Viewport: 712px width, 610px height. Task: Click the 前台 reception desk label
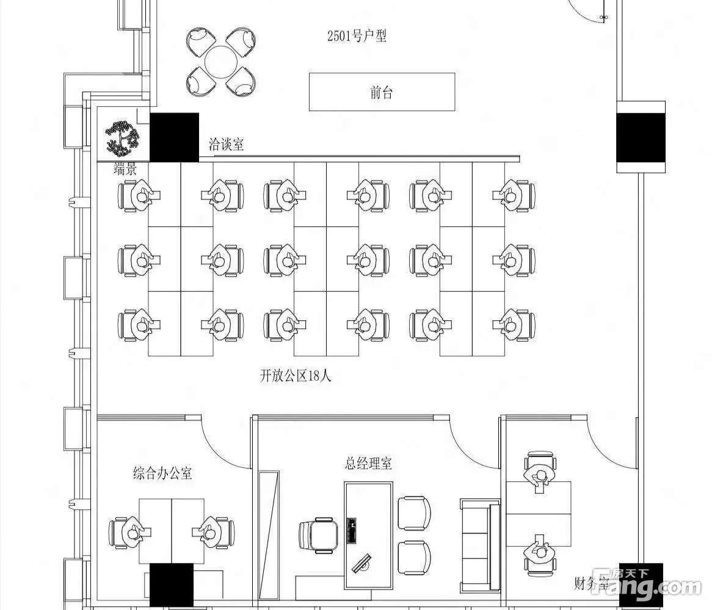pyautogui.click(x=382, y=93)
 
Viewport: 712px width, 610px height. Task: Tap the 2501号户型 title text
pyautogui.click(x=357, y=36)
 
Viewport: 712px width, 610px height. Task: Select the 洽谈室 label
pyautogui.click(x=226, y=145)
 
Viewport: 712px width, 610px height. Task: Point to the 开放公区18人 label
pyautogui.click(x=296, y=376)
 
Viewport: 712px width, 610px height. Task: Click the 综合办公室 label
pyautogui.click(x=162, y=473)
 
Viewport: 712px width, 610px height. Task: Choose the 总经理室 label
pyautogui.click(x=368, y=464)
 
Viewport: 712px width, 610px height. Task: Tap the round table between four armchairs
pyautogui.click(x=221, y=62)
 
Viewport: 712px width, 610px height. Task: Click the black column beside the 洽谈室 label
pyautogui.click(x=175, y=137)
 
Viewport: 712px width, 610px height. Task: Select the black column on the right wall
pyautogui.click(x=641, y=137)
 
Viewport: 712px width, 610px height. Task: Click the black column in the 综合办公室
pyautogui.click(x=171, y=585)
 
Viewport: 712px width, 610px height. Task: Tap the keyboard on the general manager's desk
pyautogui.click(x=352, y=531)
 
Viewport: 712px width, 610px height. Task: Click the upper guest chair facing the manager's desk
pyautogui.click(x=413, y=513)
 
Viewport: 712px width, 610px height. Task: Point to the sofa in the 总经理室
pyautogui.click(x=480, y=545)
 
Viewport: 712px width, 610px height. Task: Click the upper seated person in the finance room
pyautogui.click(x=540, y=475)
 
